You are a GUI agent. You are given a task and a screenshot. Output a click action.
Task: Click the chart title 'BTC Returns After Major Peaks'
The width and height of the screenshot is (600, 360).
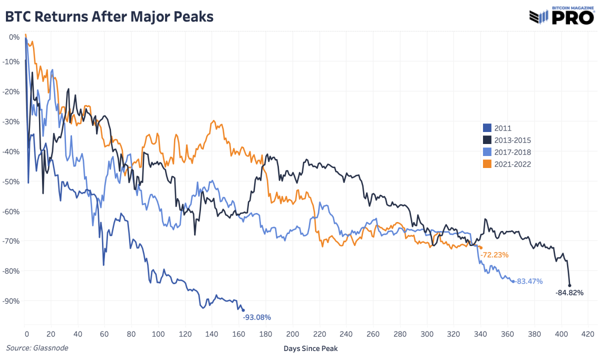[x=109, y=16]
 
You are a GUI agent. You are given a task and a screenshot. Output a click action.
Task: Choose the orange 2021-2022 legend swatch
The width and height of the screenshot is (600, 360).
[x=486, y=164]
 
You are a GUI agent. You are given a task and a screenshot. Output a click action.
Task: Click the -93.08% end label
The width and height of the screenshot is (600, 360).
[x=256, y=317]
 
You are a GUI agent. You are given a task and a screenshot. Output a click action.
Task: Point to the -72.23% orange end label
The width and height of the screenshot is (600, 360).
[x=494, y=255]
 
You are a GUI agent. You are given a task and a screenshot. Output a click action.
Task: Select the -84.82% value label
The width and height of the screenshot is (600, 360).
[x=569, y=293]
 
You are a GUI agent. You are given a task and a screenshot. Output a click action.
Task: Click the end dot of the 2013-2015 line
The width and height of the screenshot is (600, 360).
[x=569, y=285]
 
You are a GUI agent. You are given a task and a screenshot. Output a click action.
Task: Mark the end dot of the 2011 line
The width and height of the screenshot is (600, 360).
[x=243, y=310]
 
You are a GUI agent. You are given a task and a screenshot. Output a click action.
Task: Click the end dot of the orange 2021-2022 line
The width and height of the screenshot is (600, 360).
[x=481, y=247]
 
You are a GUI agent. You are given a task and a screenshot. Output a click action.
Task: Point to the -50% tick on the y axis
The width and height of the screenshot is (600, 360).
[x=11, y=181]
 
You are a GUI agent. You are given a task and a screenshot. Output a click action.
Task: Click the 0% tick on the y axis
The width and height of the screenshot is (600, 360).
[x=14, y=36]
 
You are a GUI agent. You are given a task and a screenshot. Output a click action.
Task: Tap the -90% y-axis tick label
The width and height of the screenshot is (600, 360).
[x=11, y=301]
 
